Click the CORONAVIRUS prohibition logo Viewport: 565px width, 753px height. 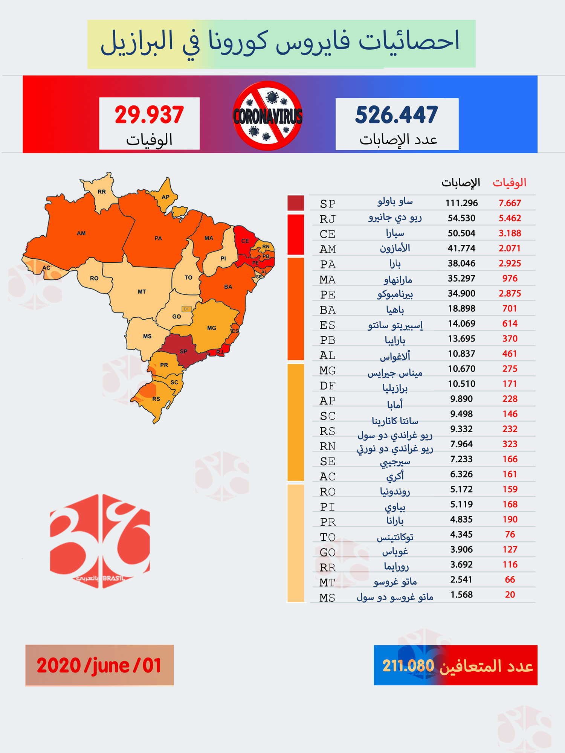point(268,116)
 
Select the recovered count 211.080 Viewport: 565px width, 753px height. point(408,666)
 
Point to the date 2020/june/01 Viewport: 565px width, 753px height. point(99,666)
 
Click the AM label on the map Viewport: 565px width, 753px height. point(81,233)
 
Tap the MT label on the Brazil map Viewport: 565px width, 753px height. point(142,291)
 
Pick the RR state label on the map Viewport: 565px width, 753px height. point(102,192)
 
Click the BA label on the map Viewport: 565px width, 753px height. point(228,287)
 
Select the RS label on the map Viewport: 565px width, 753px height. point(156,399)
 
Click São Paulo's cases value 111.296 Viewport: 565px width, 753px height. point(461,203)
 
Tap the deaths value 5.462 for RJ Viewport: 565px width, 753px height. point(510,218)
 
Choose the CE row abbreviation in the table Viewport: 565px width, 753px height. point(327,234)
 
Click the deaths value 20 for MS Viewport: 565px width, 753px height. point(510,595)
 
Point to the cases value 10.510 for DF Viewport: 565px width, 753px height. point(461,384)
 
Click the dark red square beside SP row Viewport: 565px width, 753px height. point(296,203)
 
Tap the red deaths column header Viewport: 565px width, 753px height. point(509,183)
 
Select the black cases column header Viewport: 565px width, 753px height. point(461,183)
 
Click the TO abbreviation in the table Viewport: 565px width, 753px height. point(327,537)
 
